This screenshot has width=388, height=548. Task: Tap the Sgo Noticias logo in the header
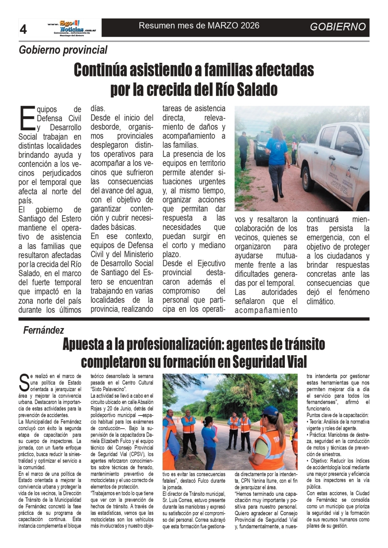(x=72, y=27)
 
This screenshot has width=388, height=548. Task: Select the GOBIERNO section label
(x=338, y=27)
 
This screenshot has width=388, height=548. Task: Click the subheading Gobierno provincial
(x=63, y=50)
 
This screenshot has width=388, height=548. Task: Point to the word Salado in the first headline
(x=257, y=89)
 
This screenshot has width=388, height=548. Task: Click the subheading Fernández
(x=44, y=330)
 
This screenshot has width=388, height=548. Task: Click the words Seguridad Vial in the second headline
(x=269, y=362)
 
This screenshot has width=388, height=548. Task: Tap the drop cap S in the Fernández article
(x=23, y=383)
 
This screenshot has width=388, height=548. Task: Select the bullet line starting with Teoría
(x=338, y=422)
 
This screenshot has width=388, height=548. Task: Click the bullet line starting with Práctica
(x=338, y=435)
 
